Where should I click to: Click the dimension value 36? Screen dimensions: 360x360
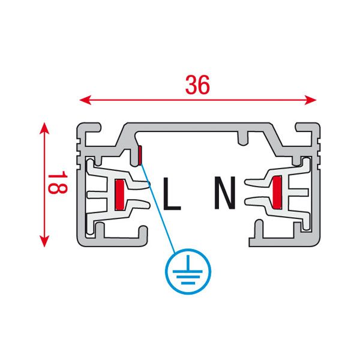(197, 85)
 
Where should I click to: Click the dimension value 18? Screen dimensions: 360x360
(58, 182)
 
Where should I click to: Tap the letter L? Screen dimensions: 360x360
(172, 194)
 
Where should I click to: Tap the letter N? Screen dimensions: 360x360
(225, 193)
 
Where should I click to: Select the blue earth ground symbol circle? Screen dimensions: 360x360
(188, 271)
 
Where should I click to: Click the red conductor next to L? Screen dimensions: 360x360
(119, 194)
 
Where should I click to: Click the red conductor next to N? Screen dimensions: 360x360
(277, 193)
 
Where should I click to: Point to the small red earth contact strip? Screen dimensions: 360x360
(140, 155)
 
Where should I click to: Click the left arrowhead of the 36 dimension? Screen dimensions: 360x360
(85, 100)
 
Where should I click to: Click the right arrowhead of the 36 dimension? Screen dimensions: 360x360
(310, 100)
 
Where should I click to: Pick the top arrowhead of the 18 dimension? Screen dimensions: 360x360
(44, 128)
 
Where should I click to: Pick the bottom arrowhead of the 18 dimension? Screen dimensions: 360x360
(44, 241)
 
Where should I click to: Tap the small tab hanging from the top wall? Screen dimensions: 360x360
(243, 139)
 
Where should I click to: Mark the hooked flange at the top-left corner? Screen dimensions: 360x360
(89, 128)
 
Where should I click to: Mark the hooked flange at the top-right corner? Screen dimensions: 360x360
(308, 128)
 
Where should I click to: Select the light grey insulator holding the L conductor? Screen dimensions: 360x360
(117, 196)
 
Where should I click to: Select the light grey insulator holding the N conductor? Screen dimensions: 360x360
(278, 193)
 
